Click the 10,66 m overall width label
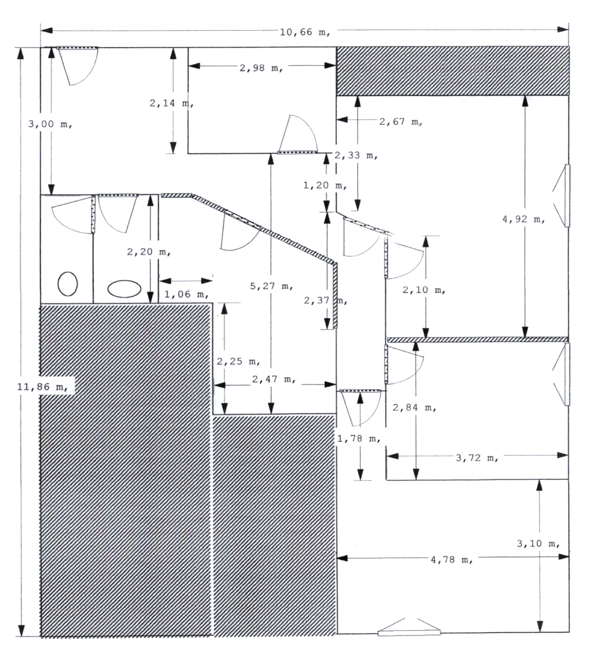click(305, 32)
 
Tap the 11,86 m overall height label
click(43, 387)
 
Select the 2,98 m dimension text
click(261, 68)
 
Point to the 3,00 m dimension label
click(50, 124)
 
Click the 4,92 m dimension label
click(523, 219)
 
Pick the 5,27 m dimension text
click(272, 286)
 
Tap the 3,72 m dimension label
click(477, 458)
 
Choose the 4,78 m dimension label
click(452, 560)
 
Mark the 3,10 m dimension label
click(538, 544)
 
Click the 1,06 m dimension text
click(186, 294)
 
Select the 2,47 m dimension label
click(274, 379)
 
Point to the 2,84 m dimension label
click(414, 408)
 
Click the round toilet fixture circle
click(68, 284)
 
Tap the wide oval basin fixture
click(124, 289)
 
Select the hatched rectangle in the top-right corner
click(453, 71)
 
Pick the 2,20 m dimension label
click(149, 252)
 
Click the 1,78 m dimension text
click(359, 439)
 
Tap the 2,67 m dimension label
click(401, 122)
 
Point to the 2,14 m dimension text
click(172, 103)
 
